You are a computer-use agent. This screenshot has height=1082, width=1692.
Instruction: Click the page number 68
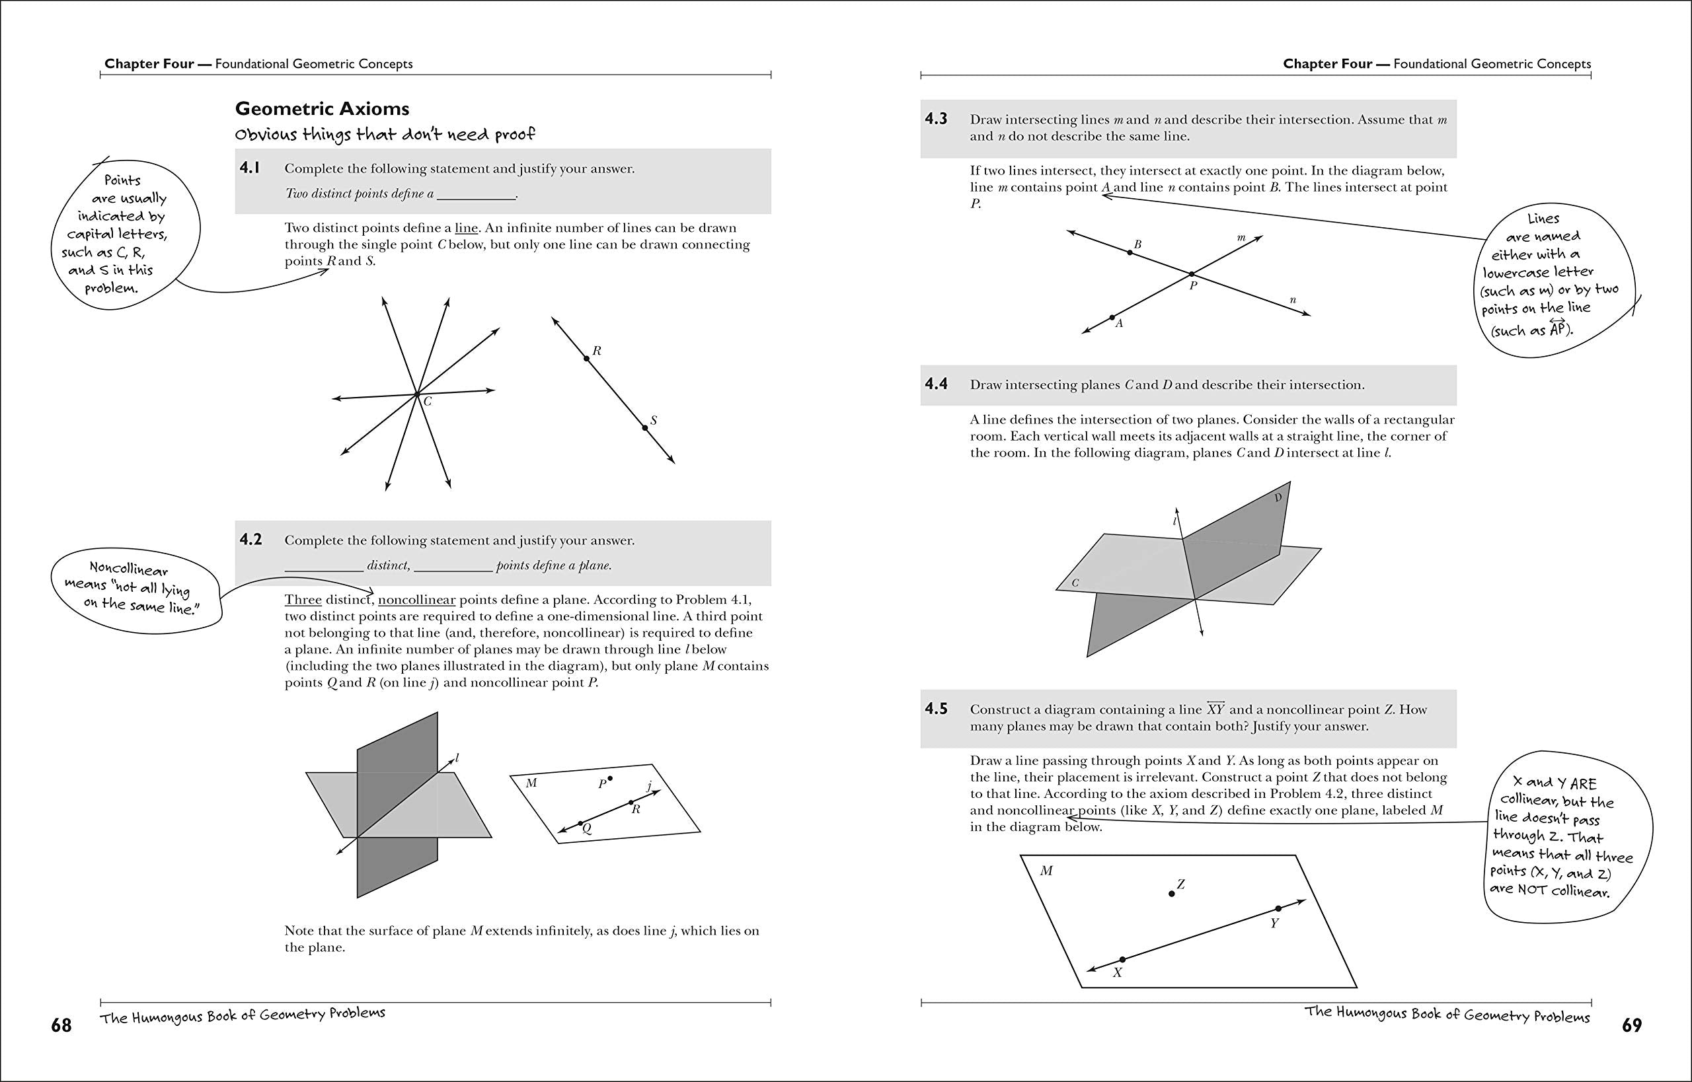click(61, 1026)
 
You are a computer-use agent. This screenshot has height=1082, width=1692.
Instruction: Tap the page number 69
click(1632, 1026)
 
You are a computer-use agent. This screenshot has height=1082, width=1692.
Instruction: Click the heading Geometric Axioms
click(322, 108)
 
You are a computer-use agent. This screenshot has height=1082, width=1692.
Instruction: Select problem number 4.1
click(250, 167)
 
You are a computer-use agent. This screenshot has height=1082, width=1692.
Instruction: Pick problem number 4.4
click(936, 384)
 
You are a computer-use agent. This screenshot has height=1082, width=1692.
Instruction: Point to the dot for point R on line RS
click(586, 358)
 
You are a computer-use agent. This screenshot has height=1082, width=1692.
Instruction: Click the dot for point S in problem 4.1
click(644, 427)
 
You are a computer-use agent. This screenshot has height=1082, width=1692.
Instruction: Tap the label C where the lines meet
click(428, 402)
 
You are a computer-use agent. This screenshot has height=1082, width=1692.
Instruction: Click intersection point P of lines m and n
click(1192, 274)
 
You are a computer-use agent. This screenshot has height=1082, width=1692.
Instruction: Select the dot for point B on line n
click(1130, 252)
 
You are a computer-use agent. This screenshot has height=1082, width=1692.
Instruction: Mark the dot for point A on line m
click(1112, 318)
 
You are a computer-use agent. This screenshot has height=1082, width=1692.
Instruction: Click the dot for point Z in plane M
click(1171, 894)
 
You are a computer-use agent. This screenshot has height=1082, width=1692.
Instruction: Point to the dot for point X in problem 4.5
click(1122, 959)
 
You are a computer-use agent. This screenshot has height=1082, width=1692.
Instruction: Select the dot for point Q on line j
click(580, 823)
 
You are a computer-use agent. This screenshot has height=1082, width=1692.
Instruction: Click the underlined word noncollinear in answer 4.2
click(417, 600)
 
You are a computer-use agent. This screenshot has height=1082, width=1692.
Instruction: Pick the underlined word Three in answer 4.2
click(303, 600)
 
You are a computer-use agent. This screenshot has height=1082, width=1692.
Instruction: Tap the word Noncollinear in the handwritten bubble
click(129, 568)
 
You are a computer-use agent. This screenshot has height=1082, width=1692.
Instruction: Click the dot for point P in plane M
click(609, 777)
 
